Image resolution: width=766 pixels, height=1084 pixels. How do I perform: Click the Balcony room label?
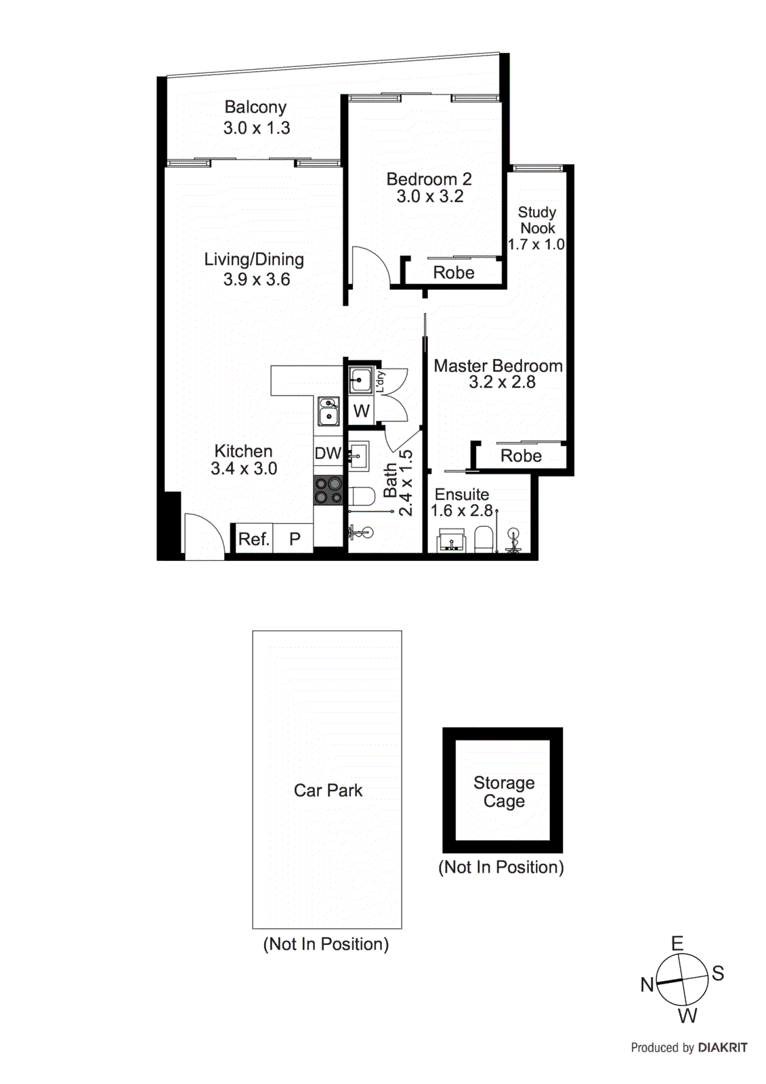coord(255,108)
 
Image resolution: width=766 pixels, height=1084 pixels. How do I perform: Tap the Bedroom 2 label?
coord(429,180)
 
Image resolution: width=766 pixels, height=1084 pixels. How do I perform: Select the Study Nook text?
coord(537,220)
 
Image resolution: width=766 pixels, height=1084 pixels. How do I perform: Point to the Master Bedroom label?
coord(498,366)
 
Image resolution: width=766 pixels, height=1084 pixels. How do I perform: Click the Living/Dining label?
coord(254,259)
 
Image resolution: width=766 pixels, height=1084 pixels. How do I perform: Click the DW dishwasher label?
coord(328,453)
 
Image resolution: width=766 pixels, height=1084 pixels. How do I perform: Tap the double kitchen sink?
coord(328,411)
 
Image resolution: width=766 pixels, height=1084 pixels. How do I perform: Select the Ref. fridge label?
coord(254,539)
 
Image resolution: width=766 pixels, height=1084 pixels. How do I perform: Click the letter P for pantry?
coord(295,539)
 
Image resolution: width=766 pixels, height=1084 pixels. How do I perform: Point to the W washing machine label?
coord(362,411)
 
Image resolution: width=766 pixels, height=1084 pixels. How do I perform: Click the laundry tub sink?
coord(360,380)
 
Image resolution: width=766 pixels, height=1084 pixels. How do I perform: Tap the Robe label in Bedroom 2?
coord(454,273)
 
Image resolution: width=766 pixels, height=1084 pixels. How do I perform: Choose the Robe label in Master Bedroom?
coord(521,456)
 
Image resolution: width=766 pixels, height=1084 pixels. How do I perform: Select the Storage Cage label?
coord(504,792)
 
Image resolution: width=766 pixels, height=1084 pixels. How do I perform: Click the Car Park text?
coord(328,791)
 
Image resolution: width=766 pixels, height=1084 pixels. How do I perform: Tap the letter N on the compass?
coord(647,984)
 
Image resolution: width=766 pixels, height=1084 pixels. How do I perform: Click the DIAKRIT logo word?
coord(723,1047)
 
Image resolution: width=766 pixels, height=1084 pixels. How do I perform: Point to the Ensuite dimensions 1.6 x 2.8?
coord(462,511)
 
